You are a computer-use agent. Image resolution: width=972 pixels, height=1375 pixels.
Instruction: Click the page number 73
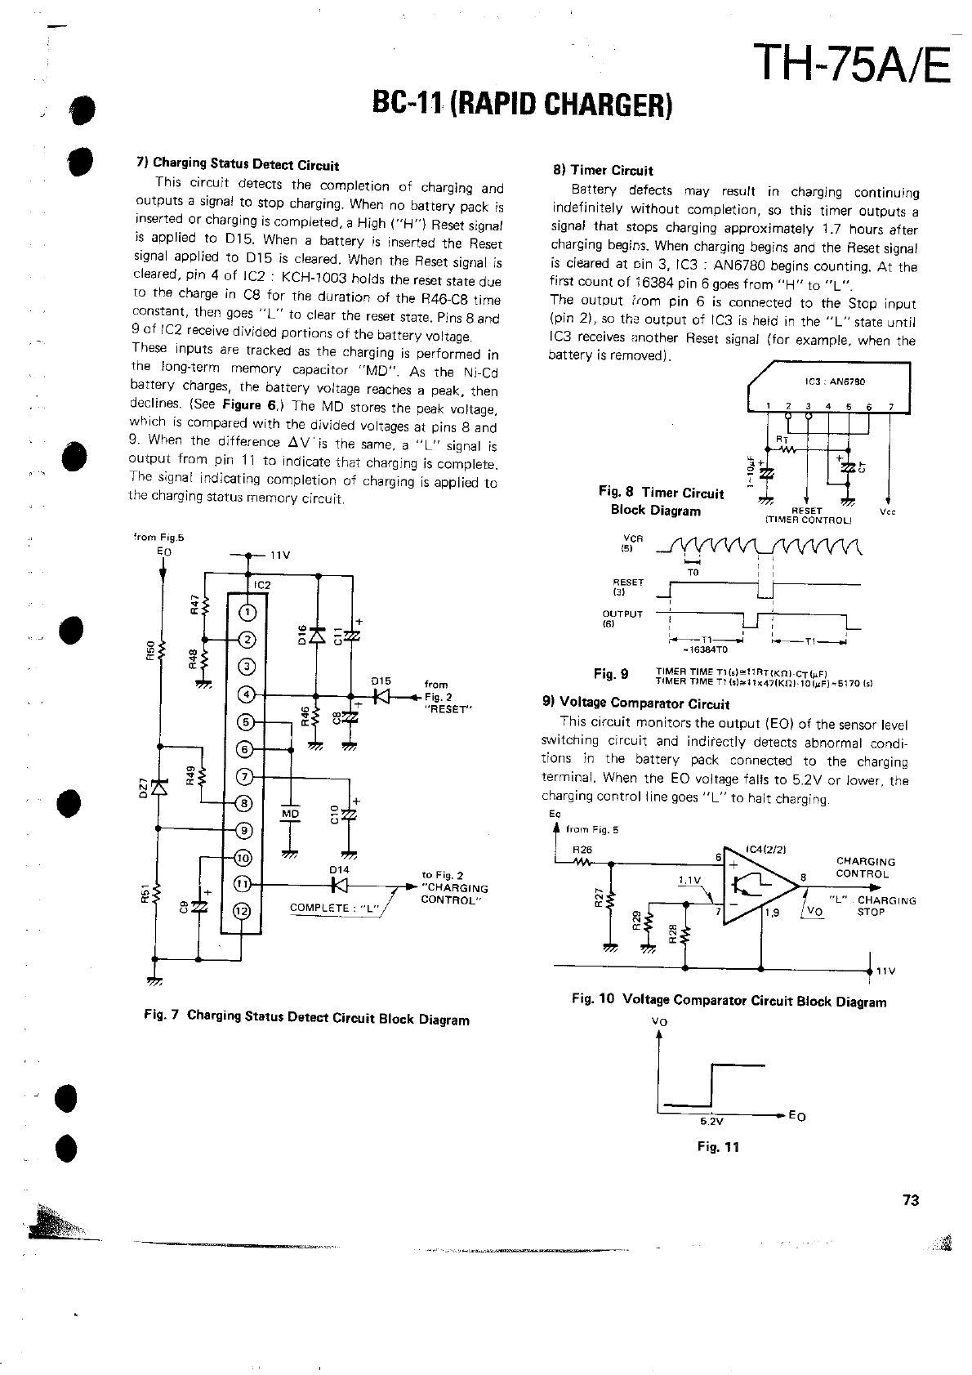coord(911,1200)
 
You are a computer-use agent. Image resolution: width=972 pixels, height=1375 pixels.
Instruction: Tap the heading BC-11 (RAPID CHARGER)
coord(522,103)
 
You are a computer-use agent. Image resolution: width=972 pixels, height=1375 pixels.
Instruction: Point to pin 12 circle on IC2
coord(243,912)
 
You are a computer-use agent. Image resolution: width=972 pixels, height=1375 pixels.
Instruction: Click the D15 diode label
coord(381,680)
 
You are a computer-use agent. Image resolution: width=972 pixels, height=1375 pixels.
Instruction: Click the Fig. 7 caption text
coord(305,1018)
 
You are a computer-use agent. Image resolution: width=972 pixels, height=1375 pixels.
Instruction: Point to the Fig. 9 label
coord(611,674)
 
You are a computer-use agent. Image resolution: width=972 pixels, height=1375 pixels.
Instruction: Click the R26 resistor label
coord(582,849)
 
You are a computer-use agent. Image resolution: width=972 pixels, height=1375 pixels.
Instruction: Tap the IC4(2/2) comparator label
coord(765,850)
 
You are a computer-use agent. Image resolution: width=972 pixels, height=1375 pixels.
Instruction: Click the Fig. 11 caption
coord(717,1146)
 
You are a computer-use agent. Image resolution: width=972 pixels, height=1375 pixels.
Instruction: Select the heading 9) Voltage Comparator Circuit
coord(635,703)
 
